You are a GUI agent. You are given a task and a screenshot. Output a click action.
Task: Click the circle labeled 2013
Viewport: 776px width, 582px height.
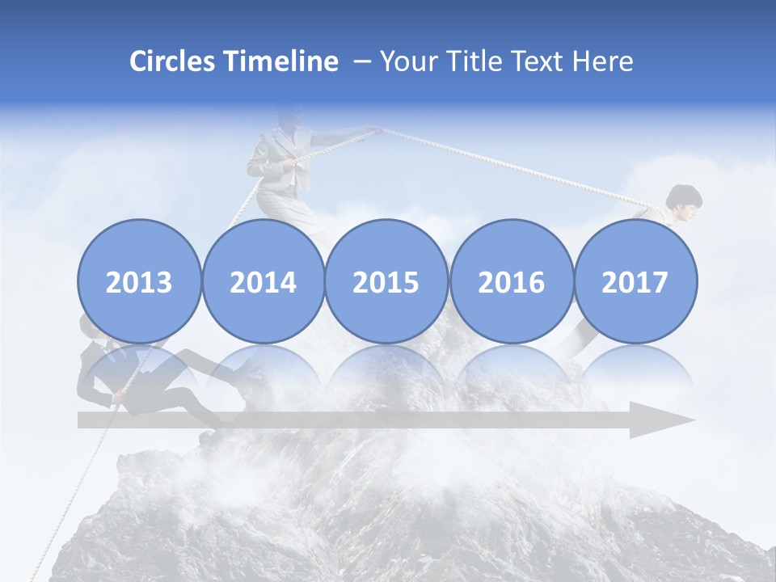click(x=139, y=281)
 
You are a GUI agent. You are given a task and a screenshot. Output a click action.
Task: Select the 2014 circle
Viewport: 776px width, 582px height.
click(x=264, y=281)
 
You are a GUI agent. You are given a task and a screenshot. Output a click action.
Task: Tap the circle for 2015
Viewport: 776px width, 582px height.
click(x=386, y=281)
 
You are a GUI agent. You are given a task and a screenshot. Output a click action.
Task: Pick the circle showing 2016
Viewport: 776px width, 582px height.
click(x=511, y=281)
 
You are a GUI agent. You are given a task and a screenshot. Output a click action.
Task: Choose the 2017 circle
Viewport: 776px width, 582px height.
click(x=635, y=281)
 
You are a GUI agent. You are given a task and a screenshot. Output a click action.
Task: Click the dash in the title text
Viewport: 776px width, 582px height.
click(x=361, y=62)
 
